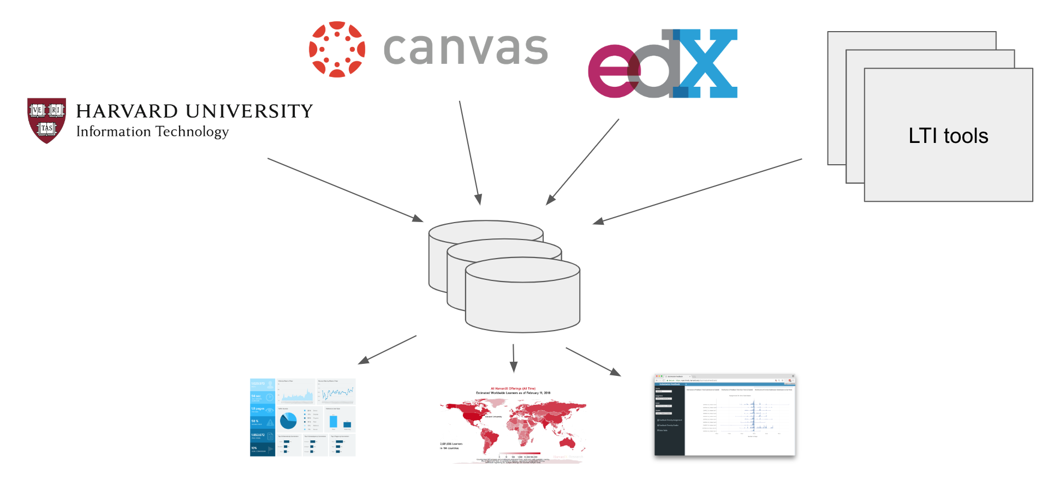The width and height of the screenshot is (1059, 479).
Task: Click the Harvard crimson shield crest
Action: (47, 120)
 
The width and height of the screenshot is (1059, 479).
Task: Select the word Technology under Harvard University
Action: (192, 132)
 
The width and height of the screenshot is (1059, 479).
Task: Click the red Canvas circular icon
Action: (337, 49)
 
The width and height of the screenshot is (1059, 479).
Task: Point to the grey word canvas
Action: (466, 49)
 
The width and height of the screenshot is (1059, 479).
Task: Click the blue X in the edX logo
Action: (707, 63)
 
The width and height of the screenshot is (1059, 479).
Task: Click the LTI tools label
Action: (948, 136)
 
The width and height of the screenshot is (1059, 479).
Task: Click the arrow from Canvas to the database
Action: (470, 153)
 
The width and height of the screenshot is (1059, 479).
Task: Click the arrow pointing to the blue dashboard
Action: (387, 350)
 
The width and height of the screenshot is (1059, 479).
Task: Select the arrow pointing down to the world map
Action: (513, 358)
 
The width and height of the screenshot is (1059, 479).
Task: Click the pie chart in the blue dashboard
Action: (288, 421)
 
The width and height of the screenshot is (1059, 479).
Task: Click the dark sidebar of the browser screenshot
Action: (669, 420)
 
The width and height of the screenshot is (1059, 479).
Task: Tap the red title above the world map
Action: (513, 388)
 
